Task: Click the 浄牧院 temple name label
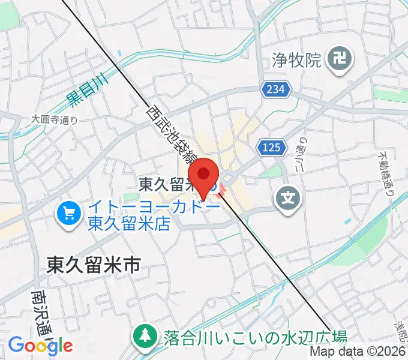[297, 59]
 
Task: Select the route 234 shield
[275, 89]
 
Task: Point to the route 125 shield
[267, 146]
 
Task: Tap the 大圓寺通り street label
[55, 119]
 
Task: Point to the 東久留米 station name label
[167, 184]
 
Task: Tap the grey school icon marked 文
[289, 196]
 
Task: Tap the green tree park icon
[145, 336]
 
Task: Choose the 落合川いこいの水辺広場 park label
[255, 336]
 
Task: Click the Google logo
[40, 345]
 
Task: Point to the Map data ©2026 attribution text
[358, 352]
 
